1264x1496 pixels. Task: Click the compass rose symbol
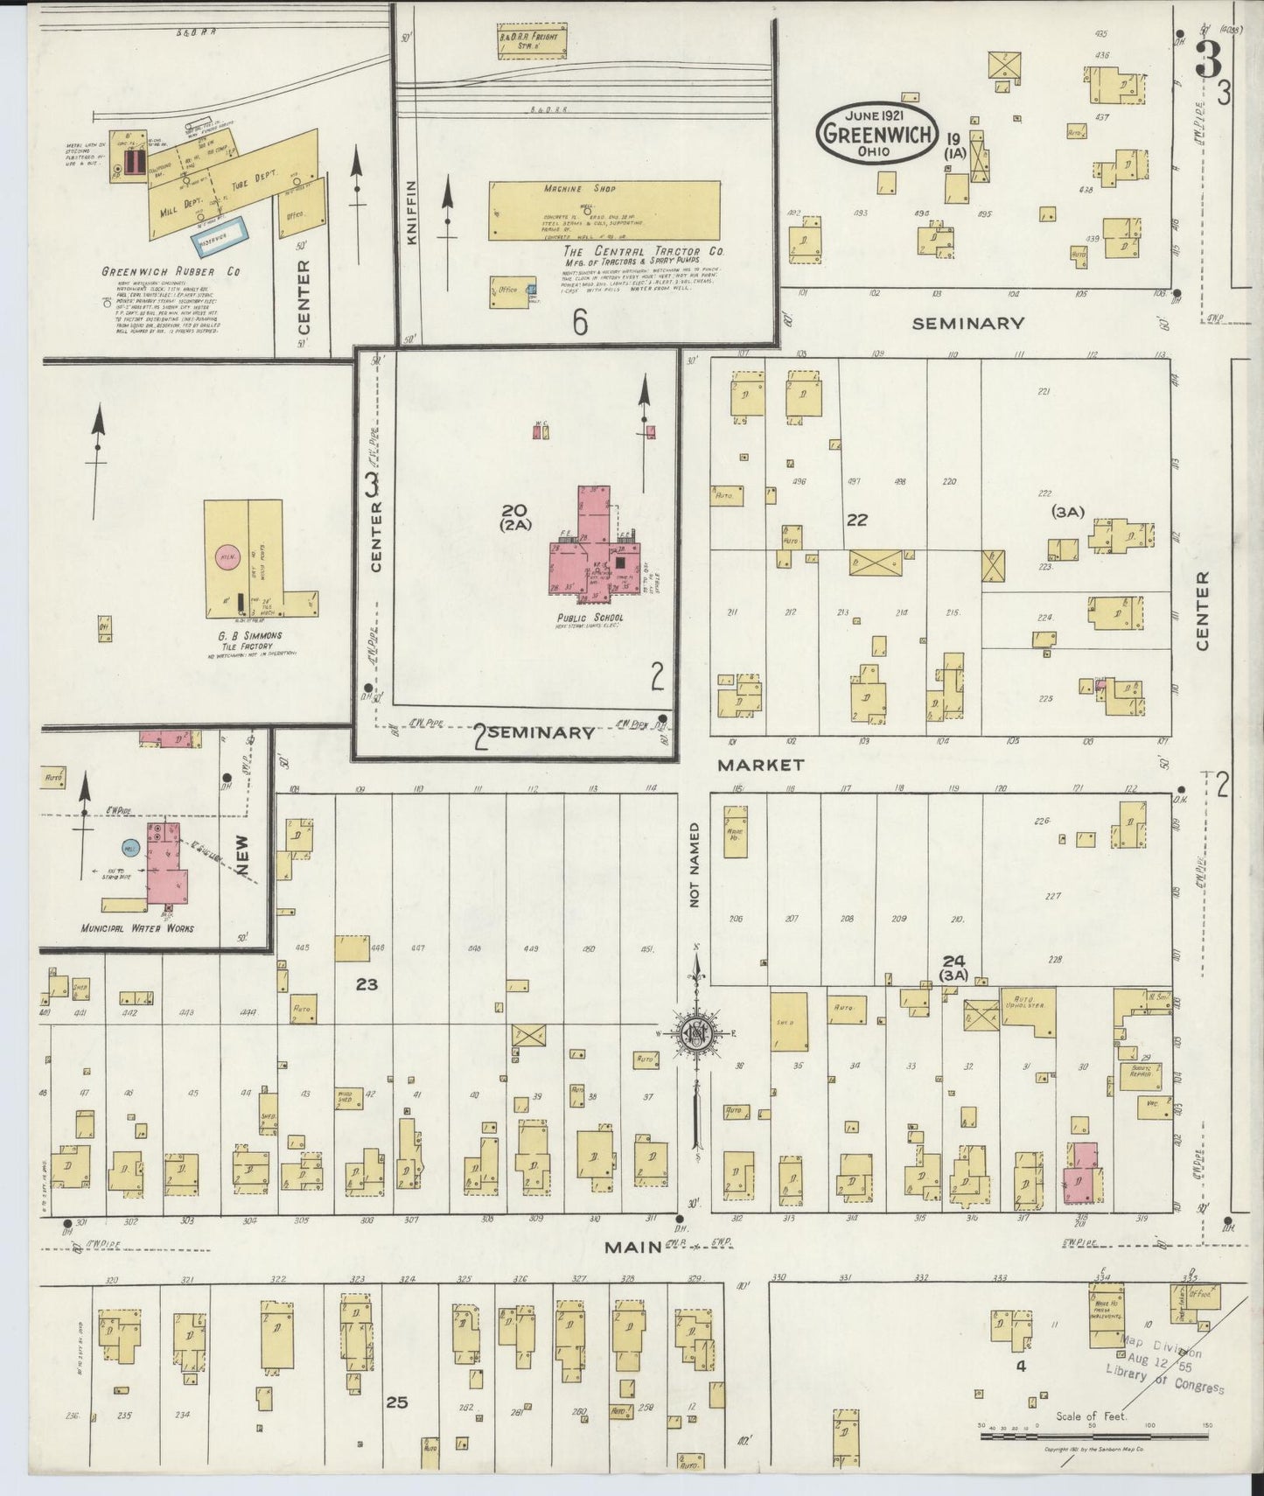pyautogui.click(x=698, y=1034)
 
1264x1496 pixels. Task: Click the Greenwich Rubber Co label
pyautogui.click(x=171, y=272)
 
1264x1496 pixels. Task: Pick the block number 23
pyautogui.click(x=367, y=984)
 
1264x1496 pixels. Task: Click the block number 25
pyautogui.click(x=397, y=1402)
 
